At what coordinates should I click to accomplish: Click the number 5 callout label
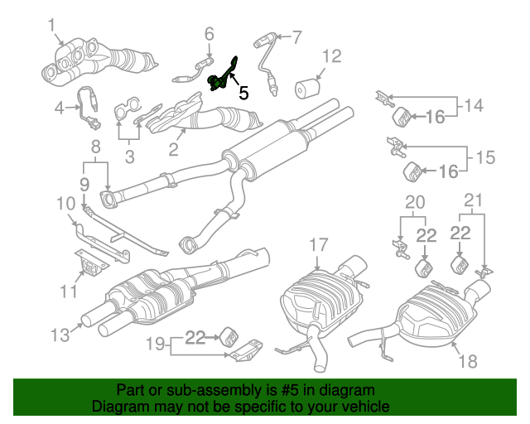[x=243, y=94]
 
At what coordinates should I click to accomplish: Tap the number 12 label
[x=331, y=56]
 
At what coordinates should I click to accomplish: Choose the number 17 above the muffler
[x=319, y=244]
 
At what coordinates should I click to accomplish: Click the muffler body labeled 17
[x=319, y=302]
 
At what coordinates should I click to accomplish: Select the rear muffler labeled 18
[x=431, y=319]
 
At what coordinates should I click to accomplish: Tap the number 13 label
[x=60, y=335]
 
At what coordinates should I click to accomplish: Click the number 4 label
[x=60, y=108]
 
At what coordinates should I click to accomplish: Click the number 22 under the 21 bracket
[x=460, y=234]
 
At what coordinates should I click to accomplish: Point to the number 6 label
[x=209, y=33]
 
